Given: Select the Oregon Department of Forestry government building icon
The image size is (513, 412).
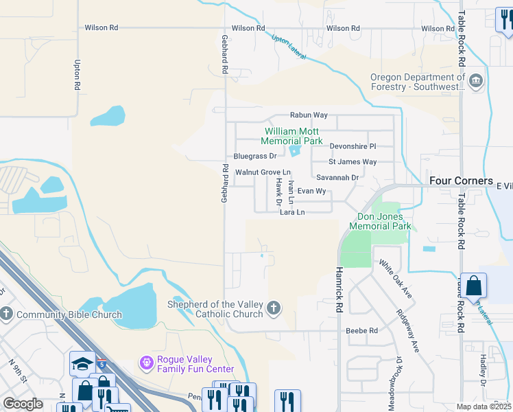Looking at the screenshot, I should pos(476,82).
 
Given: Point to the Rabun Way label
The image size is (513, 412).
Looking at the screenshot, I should pos(309,115).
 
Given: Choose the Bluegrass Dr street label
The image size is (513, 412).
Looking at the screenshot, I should pos(254,157).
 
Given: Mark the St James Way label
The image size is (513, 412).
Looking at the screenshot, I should pos(353,162).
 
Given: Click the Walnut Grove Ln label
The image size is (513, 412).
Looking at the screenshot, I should pos(263,172).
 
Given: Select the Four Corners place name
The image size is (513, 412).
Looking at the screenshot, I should pos(457,181).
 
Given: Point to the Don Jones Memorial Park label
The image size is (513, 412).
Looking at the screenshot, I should pos(380,220).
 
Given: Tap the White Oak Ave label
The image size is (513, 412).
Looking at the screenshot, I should pos(395,278).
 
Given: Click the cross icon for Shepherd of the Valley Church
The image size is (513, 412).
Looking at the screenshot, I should pos(274,308).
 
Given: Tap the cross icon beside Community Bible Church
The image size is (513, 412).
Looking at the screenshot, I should pos(7,314).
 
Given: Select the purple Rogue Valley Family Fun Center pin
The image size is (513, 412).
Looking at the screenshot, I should pos(145,361).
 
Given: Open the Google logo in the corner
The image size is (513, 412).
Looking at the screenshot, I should pos(23,404).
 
